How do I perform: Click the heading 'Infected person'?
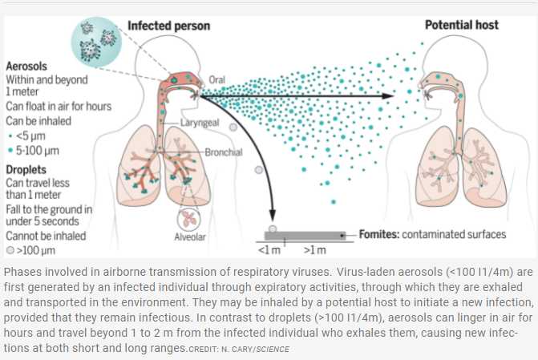tap(168, 25)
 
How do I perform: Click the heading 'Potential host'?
tap(461, 25)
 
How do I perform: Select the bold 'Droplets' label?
tap(26, 169)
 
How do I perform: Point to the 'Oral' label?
tap(216, 79)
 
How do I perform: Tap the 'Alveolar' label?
tap(189, 237)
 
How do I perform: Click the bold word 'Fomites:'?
tap(374, 234)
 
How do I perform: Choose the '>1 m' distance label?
tap(314, 251)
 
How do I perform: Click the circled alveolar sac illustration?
tap(189, 215)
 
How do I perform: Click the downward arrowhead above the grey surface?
tap(273, 214)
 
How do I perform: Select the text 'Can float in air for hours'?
tap(59, 106)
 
